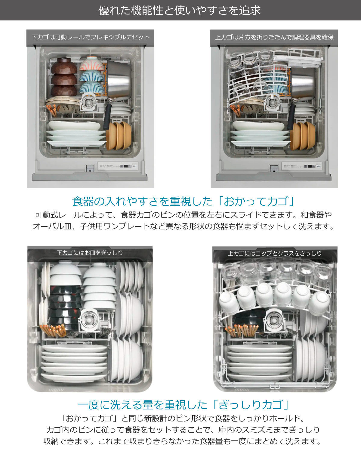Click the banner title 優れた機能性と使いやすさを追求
(180, 11)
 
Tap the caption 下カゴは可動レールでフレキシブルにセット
(90, 37)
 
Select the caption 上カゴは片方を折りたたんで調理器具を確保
(274, 37)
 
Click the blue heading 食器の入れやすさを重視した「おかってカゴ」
(183, 201)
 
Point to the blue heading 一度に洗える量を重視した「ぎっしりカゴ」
(183, 405)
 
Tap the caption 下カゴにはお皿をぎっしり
(90, 253)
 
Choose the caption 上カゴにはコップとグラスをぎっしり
(275, 253)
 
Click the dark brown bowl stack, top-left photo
(63, 77)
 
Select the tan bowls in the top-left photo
(119, 135)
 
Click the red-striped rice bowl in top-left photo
(92, 63)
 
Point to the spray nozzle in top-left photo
(89, 102)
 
